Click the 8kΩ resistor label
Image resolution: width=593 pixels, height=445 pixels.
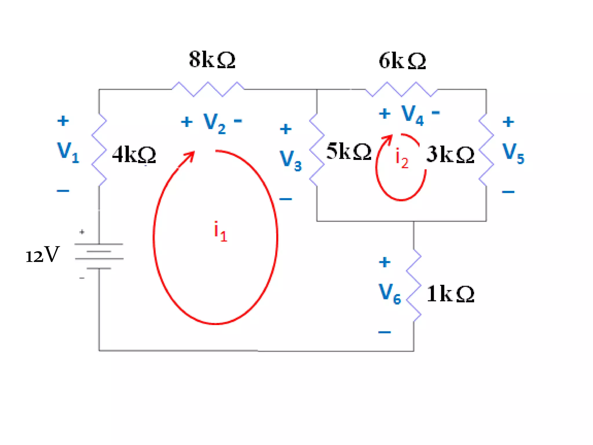[212, 60]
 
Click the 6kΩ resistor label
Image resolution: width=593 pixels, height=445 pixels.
[402, 61]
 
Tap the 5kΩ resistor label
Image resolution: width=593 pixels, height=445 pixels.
[349, 151]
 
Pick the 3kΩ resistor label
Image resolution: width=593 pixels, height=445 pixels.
[450, 154]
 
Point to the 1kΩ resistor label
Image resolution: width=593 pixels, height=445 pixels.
[451, 294]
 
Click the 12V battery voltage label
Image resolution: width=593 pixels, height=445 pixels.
[43, 255]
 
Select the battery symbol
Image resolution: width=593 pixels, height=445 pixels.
[99, 256]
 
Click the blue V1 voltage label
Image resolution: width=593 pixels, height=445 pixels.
[68, 152]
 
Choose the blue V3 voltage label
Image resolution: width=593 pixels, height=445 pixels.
[290, 161]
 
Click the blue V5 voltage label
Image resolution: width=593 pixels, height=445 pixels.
[513, 153]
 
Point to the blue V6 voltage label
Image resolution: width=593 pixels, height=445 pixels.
[390, 294]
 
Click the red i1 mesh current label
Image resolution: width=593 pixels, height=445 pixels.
[220, 231]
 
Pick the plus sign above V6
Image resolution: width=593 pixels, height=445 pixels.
[385, 262]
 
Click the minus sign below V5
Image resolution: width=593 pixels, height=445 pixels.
[508, 192]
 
